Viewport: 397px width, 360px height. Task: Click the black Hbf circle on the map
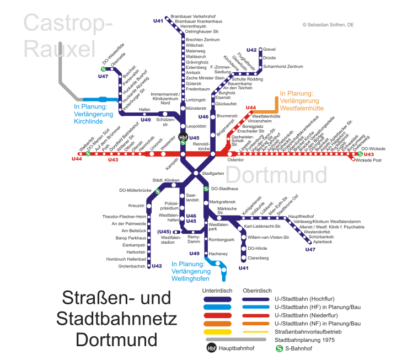click(183, 137)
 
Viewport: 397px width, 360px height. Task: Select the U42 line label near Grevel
click(251, 50)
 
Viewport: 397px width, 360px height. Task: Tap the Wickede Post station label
click(369, 160)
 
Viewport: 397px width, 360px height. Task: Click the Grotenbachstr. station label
click(132, 266)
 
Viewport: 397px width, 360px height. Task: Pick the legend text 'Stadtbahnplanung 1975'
click(312, 340)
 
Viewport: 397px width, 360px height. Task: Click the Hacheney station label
click(218, 254)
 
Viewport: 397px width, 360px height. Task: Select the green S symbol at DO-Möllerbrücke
click(158, 191)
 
